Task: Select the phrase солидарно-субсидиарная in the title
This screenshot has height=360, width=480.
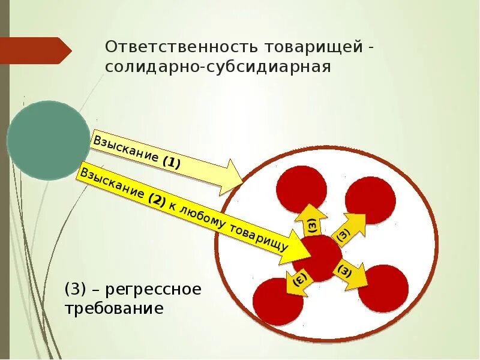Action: click(218, 66)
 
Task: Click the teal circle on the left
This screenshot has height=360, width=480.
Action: click(48, 140)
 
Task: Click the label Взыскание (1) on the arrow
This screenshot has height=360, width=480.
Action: click(137, 153)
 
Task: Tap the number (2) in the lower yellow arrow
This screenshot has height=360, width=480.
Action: click(157, 201)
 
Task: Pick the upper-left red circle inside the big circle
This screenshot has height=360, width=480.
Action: click(301, 189)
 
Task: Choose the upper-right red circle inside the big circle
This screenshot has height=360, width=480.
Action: click(370, 200)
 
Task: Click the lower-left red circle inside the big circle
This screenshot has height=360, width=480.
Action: click(278, 302)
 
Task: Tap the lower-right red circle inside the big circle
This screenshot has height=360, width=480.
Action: click(383, 288)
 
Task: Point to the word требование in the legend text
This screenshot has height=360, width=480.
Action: click(114, 309)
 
